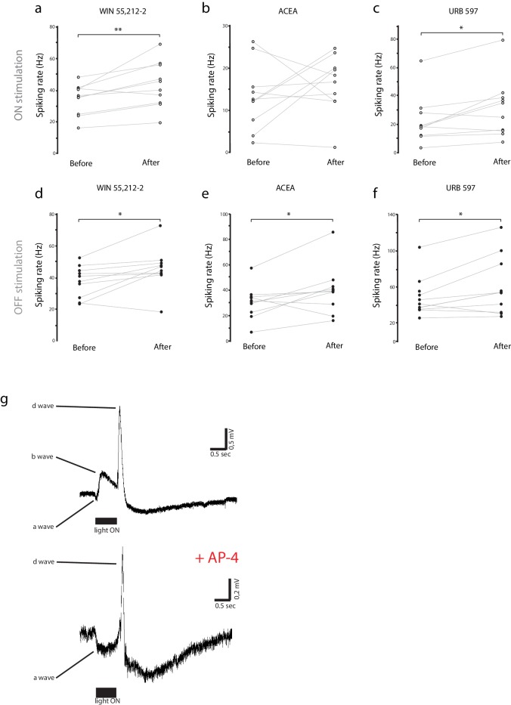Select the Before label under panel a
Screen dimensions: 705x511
tap(81, 162)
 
